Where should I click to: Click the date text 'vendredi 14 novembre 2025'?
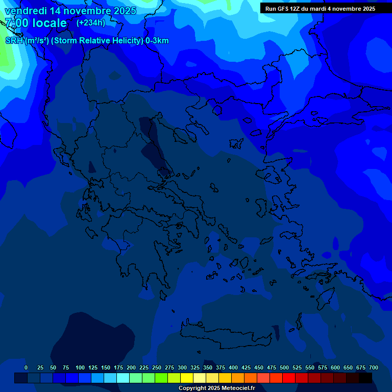pos(70,11)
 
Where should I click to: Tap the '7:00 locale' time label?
pos(36,23)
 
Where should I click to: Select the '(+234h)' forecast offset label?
pos(91,22)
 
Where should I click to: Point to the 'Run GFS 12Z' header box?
pos(320,9)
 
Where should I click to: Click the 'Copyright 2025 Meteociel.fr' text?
pos(216,388)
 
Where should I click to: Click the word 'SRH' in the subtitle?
pos(14,41)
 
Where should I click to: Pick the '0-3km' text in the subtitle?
pos(157,41)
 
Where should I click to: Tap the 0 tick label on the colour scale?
pos(26,367)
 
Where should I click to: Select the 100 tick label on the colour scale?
pos(80,367)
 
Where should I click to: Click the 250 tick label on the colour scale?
pos(157,367)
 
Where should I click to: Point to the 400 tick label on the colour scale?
pos(233,367)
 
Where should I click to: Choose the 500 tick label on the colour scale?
pos(284,367)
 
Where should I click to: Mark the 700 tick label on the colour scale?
pos(374,367)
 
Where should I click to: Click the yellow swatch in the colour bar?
pos(187,378)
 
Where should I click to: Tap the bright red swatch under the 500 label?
pos(289,378)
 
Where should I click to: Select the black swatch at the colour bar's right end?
pos(365,378)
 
